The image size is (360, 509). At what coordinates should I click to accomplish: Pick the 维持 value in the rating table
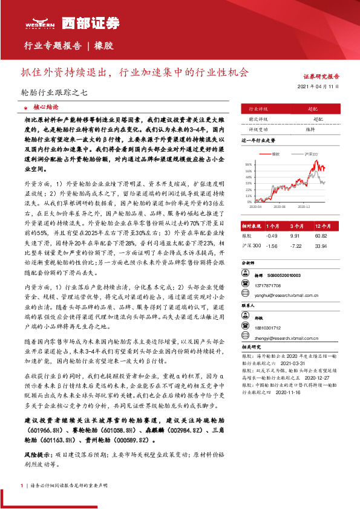(309, 129)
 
